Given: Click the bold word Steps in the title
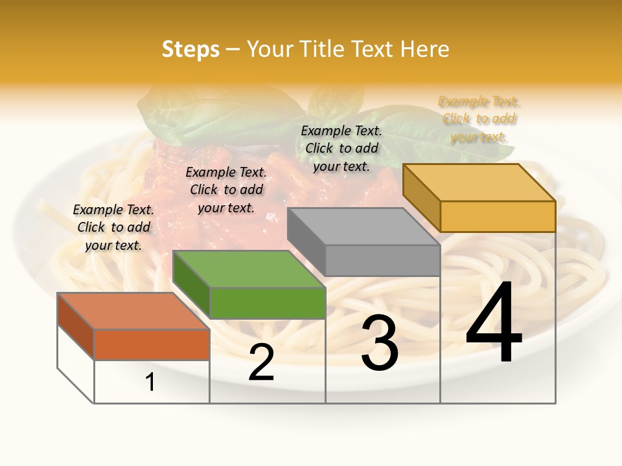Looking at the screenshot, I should tap(190, 49).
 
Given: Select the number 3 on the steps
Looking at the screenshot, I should tap(380, 343).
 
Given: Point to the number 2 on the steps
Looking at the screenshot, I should tap(261, 362).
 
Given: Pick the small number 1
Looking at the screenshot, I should tap(150, 382).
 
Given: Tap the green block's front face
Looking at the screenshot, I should tap(268, 303).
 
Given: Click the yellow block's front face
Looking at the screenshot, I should tap(498, 216).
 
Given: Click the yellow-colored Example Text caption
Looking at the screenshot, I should tap(479, 119).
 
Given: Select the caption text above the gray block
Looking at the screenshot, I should tap(341, 148).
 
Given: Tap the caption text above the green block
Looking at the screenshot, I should tap(226, 190).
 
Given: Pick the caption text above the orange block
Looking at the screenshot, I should tap(113, 227).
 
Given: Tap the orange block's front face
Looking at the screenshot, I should tap(152, 344).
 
